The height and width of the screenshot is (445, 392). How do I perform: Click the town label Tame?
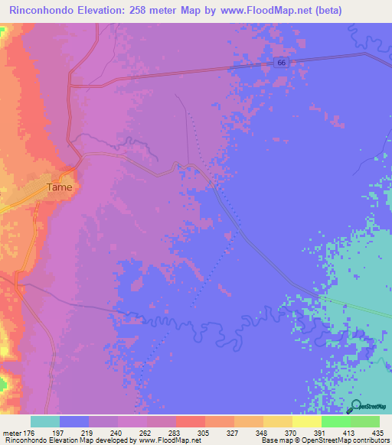click(x=59, y=187)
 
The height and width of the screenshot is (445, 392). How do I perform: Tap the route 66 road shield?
click(x=282, y=63)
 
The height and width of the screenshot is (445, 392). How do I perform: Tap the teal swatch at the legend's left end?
click(x=45, y=421)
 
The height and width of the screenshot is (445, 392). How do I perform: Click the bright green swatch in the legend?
click(x=335, y=421)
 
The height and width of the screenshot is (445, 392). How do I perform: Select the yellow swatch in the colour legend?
click(x=306, y=421)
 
